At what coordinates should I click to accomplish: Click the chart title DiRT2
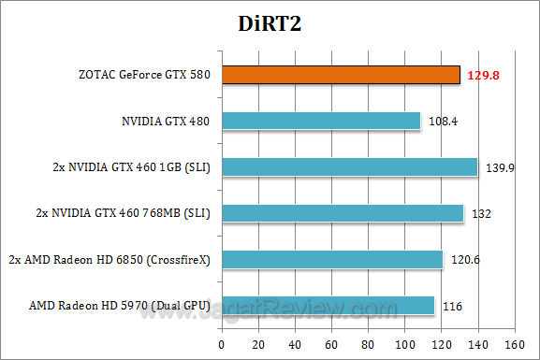(x=270, y=23)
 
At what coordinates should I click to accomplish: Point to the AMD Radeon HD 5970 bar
(x=328, y=305)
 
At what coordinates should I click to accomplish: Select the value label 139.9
(x=500, y=166)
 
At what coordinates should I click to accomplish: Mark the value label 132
(x=479, y=213)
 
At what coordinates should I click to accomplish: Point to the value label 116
(x=453, y=306)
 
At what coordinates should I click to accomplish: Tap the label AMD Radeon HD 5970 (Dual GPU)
(x=120, y=306)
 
